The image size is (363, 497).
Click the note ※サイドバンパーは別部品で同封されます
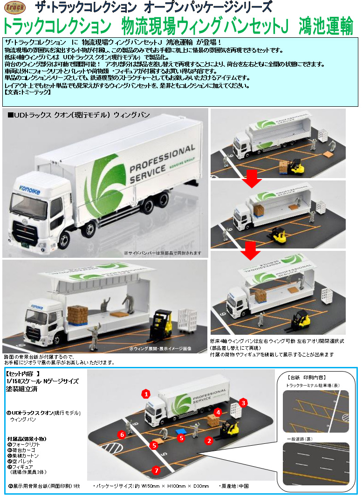click(162, 253)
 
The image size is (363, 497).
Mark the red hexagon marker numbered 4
click(218, 412)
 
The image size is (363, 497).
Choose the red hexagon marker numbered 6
click(122, 435)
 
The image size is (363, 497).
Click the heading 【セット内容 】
click(26, 374)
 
